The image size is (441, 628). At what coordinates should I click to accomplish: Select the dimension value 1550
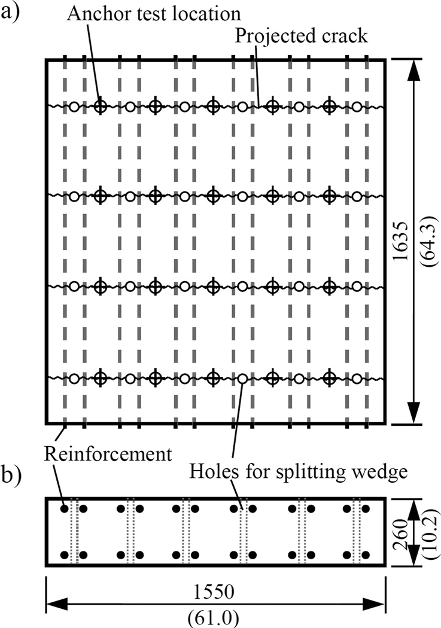pyautogui.click(x=215, y=592)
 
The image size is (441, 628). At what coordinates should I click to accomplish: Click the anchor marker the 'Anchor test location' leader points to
pyautogui.click(x=101, y=107)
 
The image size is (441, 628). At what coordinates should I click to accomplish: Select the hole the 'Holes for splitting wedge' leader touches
pyautogui.click(x=242, y=378)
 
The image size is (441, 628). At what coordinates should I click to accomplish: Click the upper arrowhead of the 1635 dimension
pyautogui.click(x=413, y=67)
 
